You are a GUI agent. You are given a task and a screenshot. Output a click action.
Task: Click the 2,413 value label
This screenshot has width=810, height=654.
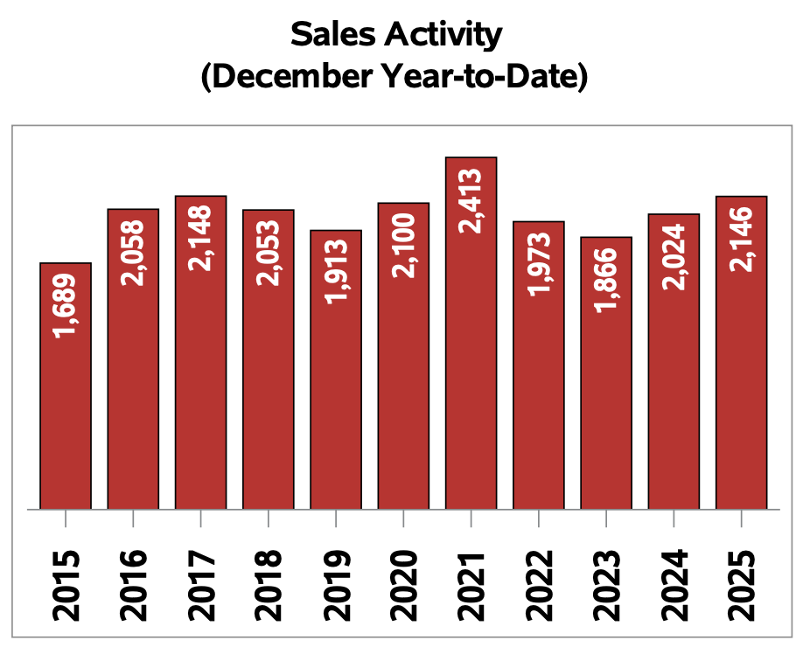471,200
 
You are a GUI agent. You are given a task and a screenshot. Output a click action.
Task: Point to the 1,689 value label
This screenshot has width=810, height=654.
66,306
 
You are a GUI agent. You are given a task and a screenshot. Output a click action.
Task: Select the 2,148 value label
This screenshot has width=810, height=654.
200,238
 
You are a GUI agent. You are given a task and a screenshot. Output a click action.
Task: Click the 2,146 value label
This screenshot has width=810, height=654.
742,239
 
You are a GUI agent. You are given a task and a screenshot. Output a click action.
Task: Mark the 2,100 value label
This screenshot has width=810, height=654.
403,245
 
